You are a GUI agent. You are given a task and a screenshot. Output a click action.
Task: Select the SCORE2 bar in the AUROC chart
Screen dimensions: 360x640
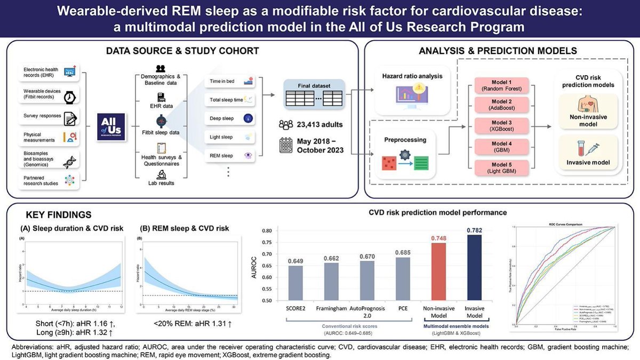[296, 283]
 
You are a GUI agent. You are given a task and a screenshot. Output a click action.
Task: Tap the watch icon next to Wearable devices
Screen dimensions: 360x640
[70, 98]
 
